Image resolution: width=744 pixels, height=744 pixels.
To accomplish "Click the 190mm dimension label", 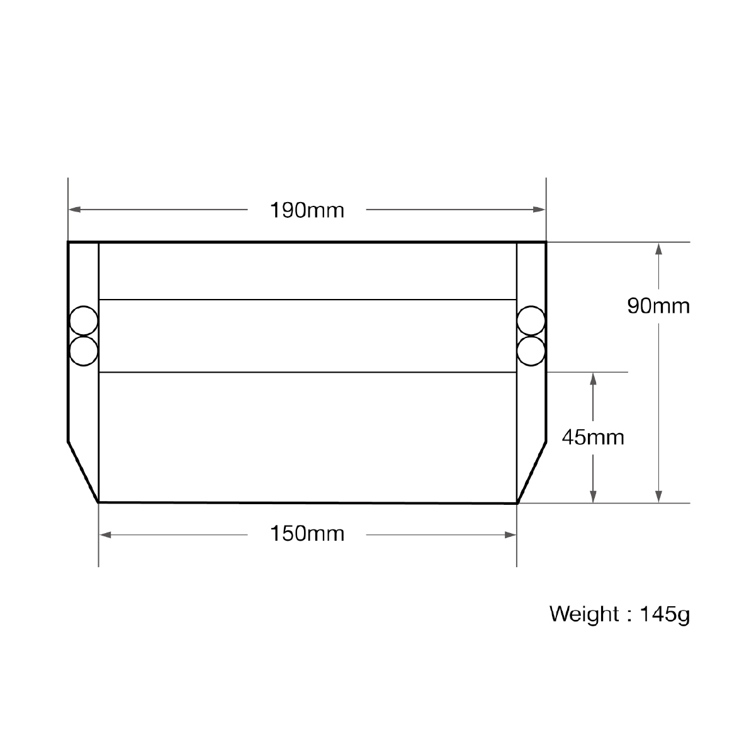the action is (307, 210).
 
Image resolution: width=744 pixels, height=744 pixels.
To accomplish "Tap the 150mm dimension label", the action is (307, 534).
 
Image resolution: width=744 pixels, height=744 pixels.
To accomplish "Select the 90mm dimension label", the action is (658, 306).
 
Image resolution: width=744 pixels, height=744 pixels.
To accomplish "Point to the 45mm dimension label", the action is (593, 437).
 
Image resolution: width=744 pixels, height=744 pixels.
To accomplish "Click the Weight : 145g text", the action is (619, 614).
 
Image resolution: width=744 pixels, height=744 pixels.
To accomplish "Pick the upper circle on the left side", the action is (84, 321).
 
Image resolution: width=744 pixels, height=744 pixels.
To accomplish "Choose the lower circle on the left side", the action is (84, 351).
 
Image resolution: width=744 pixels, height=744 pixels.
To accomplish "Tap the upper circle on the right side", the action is (531, 321).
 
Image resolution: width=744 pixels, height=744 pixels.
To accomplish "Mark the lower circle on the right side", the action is (531, 351).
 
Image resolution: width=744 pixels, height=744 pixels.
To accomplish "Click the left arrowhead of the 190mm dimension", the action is (74, 209).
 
